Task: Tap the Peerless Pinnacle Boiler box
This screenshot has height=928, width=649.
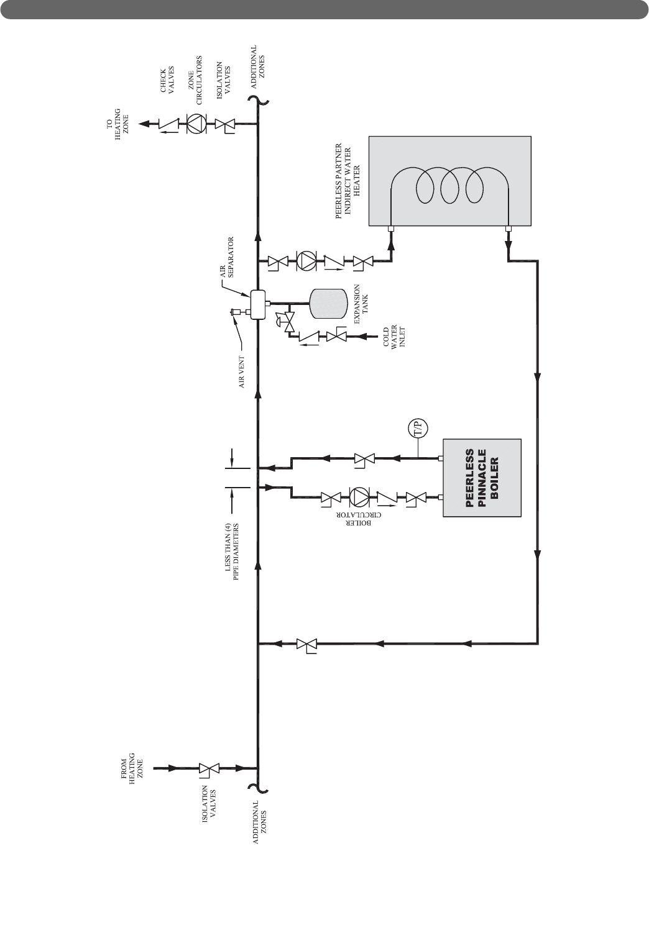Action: coord(482,478)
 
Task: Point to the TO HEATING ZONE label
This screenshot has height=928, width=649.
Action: coord(113,124)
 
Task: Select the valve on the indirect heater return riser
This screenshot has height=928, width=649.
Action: coord(306,644)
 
